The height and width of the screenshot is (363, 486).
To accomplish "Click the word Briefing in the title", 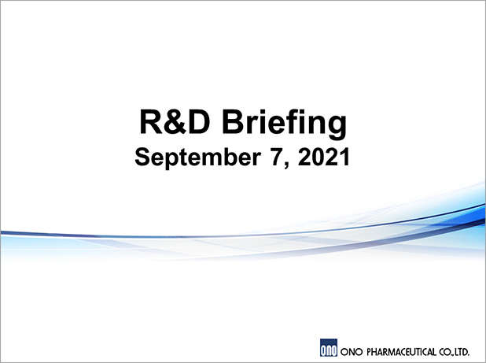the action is (284, 123).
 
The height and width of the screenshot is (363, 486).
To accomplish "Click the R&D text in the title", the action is (175, 121).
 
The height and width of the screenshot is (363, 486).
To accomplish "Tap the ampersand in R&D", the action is (175, 121).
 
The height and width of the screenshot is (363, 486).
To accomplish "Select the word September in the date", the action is (197, 158).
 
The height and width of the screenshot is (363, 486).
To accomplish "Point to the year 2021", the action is (323, 157).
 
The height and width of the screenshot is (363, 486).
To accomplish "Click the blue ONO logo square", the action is (329, 347).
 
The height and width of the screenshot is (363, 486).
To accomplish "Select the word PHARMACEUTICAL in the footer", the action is (401, 352).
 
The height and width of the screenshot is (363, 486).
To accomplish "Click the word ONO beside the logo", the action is (352, 352).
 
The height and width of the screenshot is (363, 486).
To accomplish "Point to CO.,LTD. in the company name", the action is (454, 352).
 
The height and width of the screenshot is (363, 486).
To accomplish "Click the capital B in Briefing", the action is (233, 121).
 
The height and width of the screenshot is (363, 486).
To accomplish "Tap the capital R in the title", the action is (152, 121).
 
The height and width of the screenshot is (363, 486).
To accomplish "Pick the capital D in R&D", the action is (199, 121).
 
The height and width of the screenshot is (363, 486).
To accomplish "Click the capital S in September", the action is (142, 157).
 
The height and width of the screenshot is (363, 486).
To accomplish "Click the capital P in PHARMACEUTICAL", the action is (369, 352).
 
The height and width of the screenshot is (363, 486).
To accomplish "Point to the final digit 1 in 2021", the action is (344, 157).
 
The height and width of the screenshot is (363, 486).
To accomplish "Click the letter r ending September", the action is (256, 160).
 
